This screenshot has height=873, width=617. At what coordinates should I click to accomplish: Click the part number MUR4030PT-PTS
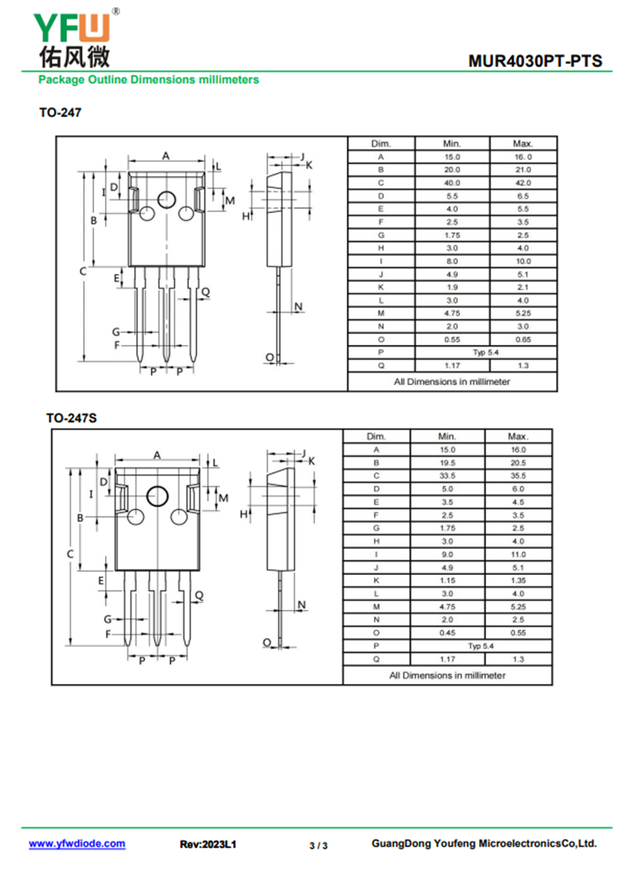point(535,61)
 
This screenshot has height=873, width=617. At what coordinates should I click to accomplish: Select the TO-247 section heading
point(60,113)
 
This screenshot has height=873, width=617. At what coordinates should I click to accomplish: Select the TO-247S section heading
point(71,418)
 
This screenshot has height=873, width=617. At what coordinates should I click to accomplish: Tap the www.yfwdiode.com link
point(77,844)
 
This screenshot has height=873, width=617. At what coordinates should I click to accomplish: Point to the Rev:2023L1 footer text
point(208,844)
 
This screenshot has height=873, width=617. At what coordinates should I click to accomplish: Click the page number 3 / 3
point(319,845)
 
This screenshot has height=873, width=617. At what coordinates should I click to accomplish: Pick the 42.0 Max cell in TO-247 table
point(522,183)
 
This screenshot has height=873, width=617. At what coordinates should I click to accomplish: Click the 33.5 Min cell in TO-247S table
point(447,475)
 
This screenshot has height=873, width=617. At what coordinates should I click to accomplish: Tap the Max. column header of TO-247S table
point(518,437)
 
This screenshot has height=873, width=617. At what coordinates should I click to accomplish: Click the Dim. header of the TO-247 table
point(381,144)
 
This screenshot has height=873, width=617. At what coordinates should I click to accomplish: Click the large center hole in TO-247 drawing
point(166,200)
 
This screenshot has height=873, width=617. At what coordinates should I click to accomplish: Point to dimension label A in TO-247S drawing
point(157,455)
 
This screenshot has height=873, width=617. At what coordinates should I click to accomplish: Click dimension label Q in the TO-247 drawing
point(206,291)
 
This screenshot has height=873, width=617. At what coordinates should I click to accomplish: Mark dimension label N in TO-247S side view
point(302,605)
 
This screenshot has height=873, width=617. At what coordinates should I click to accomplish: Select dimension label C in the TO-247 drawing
point(82,272)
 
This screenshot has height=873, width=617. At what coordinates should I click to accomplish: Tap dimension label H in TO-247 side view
point(246,217)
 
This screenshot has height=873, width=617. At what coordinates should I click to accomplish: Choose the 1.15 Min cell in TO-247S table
point(447,580)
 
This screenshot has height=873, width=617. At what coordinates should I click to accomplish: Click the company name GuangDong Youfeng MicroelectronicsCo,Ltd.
point(484,844)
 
